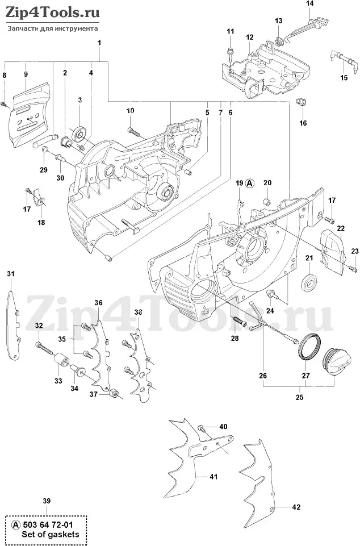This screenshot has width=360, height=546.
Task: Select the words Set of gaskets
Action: [51, 535]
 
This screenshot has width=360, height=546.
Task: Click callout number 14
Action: [309, 3]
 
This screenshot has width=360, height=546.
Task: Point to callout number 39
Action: [47, 501]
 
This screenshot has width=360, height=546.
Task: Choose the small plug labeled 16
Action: [301, 101]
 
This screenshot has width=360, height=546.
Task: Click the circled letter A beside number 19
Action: [250, 183]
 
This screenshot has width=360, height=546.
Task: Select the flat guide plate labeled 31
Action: [13, 326]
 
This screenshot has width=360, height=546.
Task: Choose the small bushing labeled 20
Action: [267, 201]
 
